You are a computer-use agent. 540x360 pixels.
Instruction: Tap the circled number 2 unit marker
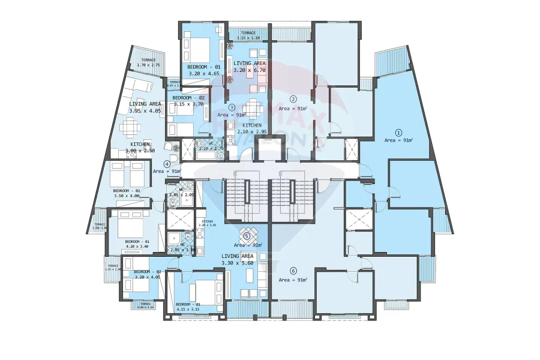pyautogui.click(x=293, y=99)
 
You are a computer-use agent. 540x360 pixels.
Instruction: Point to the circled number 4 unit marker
pyautogui.click(x=167, y=164)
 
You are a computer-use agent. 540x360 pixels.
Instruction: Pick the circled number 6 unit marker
pyautogui.click(x=293, y=270)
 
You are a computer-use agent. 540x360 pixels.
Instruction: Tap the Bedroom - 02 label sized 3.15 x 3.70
pyautogui.click(x=188, y=100)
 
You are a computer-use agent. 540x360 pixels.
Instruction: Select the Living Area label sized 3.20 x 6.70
pyautogui.click(x=249, y=66)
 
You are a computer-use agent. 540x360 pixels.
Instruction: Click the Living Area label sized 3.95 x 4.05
pyautogui.click(x=145, y=107)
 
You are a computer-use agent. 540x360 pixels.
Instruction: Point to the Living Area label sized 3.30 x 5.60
pyautogui.click(x=239, y=259)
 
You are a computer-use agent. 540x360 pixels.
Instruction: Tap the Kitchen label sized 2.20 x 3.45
pyautogui.click(x=208, y=223)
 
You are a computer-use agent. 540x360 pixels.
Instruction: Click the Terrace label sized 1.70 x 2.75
pyautogui.click(x=148, y=62)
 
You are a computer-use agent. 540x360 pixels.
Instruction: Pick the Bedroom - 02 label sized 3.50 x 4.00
pyautogui.click(x=126, y=193)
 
